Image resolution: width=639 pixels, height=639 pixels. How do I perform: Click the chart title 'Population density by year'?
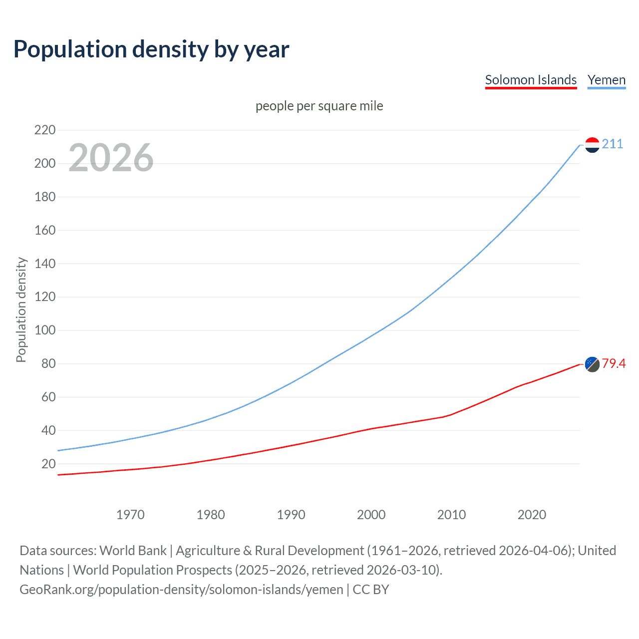click(151, 49)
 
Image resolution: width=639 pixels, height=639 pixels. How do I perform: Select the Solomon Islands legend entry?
click(531, 80)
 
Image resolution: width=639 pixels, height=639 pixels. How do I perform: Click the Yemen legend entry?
click(606, 80)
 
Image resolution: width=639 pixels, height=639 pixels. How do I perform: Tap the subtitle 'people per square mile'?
click(319, 106)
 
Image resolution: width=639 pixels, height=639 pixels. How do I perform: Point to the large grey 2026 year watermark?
click(111, 158)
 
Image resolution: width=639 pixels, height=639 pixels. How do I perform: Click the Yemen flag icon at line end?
click(592, 145)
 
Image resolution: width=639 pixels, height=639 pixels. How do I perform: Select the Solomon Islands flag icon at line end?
click(592, 364)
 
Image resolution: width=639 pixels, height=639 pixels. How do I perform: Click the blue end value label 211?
click(613, 144)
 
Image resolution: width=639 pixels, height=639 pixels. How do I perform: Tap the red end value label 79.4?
click(614, 364)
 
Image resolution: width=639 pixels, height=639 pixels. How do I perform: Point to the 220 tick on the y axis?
click(45, 130)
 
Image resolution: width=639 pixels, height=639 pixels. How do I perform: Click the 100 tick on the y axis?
click(45, 330)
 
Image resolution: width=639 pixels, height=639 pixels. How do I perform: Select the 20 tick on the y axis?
click(48, 464)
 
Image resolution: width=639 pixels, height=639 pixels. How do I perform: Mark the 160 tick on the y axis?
click(45, 230)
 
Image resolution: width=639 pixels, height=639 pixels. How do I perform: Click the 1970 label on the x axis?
click(130, 515)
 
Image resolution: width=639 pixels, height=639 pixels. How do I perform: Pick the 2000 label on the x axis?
click(371, 515)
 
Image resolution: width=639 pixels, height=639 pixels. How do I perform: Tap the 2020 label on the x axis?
click(532, 515)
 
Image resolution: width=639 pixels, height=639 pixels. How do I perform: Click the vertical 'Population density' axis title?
click(21, 310)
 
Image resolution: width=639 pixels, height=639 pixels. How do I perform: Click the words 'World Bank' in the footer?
click(133, 551)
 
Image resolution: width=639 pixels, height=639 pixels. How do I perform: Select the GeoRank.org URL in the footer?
click(181, 590)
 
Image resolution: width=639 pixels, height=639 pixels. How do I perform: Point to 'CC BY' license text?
click(371, 590)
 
